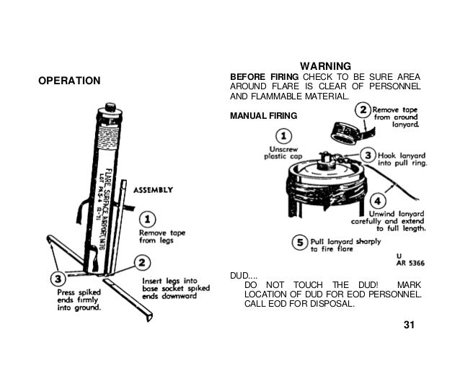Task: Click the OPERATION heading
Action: pos(69,80)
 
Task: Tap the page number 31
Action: pos(410,329)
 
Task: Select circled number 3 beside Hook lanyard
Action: pos(368,155)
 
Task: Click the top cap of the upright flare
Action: pos(110,108)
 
